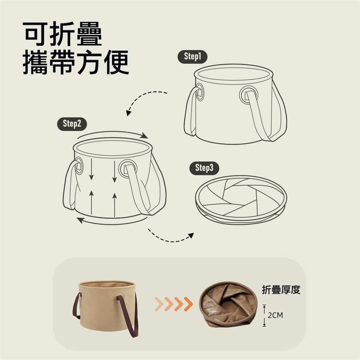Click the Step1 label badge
click(x=192, y=57)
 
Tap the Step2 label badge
click(x=72, y=124)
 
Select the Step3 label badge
click(x=204, y=168)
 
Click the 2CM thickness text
click(x=275, y=315)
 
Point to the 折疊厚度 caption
click(x=281, y=290)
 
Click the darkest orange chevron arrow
click(x=188, y=304)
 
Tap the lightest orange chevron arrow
click(x=159, y=304)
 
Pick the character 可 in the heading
click(x=35, y=34)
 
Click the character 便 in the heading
click(x=116, y=62)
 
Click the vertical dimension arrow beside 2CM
click(x=264, y=315)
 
